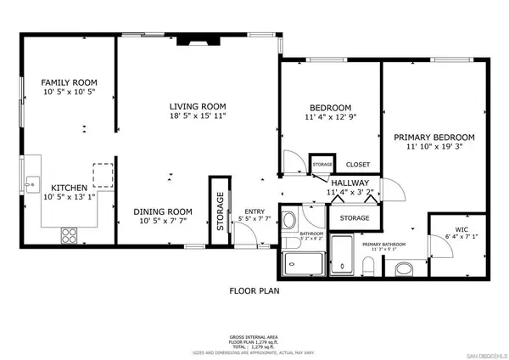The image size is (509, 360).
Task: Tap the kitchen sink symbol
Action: coord(32,182)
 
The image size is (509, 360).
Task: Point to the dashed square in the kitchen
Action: coord(103,174)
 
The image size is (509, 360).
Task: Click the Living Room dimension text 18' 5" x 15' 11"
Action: coord(196,115)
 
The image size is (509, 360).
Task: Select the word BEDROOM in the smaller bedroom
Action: coord(330,108)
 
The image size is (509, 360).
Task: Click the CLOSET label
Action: coord(357,165)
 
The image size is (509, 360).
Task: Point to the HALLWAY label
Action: coord(349,183)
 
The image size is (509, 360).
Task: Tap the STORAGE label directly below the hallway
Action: coord(355,218)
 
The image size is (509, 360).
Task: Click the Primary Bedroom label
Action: coord(433,137)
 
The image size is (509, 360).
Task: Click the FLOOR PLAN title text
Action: coord(255,290)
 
